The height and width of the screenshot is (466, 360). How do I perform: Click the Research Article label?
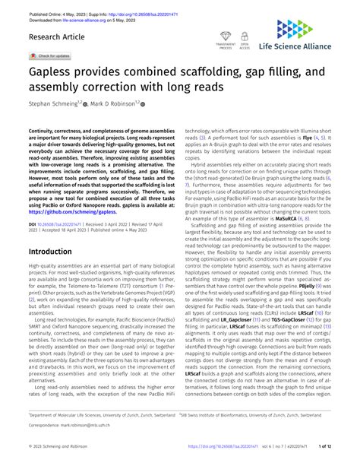[58, 36]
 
